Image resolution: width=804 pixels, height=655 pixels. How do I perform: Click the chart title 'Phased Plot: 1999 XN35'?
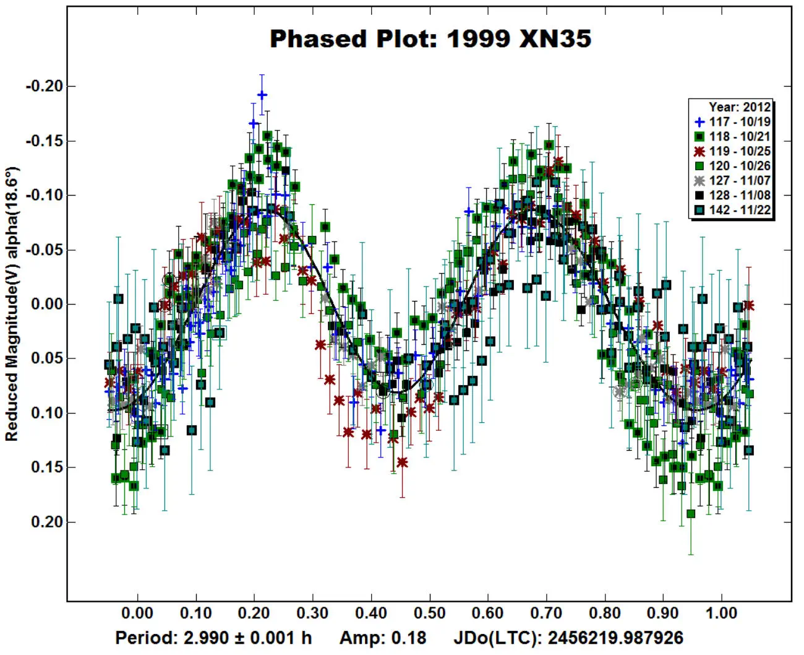click(430, 39)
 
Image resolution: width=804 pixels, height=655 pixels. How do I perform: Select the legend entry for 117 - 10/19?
click(732, 122)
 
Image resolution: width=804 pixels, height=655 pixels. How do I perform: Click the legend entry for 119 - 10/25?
click(732, 151)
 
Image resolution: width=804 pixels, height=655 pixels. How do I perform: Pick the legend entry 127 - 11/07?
click(732, 181)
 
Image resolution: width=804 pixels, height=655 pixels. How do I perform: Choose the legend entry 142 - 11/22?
click(732, 210)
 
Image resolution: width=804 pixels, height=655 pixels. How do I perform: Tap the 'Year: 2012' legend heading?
click(739, 107)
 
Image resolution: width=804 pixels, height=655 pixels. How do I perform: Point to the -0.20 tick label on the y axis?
click(45, 86)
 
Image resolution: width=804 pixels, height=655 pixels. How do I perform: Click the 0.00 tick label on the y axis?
click(48, 304)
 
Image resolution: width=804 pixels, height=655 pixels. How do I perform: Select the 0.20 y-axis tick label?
click(48, 522)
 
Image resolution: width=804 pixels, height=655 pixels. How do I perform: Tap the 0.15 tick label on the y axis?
click(48, 467)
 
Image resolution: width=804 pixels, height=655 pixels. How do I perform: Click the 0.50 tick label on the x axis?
click(429, 613)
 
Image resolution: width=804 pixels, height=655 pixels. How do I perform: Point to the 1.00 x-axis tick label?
click(721, 613)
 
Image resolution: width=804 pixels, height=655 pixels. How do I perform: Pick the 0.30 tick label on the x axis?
click(312, 613)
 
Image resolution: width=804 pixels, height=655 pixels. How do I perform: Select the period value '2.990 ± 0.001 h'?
click(248, 638)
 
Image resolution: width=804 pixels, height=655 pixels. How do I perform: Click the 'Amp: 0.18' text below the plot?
click(383, 638)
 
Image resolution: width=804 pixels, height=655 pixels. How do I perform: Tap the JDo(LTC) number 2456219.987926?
click(615, 638)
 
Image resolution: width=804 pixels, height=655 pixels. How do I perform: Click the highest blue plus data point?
click(262, 95)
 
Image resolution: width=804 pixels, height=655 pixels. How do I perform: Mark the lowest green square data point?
click(691, 514)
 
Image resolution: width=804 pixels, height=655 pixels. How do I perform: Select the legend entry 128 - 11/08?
click(732, 195)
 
